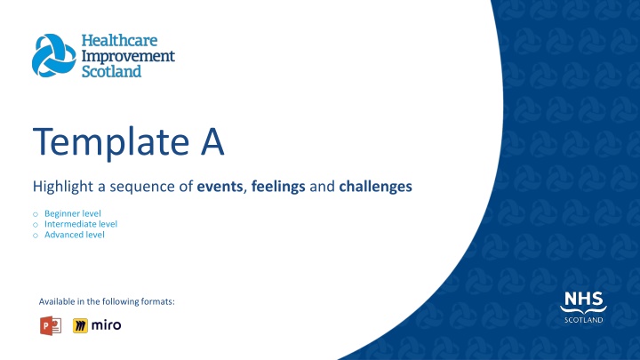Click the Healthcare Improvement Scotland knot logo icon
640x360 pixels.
(54, 55)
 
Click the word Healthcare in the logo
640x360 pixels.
(119, 40)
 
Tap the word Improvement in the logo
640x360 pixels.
(128, 56)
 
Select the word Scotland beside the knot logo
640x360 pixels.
(111, 71)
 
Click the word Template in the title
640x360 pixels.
(111, 142)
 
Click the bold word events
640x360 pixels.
(220, 187)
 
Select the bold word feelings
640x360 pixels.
(278, 187)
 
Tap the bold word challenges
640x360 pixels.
(375, 187)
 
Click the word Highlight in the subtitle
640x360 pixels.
(63, 187)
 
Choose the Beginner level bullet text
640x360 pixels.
(73, 213)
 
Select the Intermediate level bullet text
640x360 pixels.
(81, 224)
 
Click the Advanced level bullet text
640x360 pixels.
(75, 235)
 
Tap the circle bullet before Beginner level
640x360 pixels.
(36, 214)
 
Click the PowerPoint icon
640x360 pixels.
(51, 325)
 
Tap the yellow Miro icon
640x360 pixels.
(80, 325)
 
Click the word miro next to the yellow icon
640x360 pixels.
(106, 325)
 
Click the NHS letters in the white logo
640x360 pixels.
(583, 299)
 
